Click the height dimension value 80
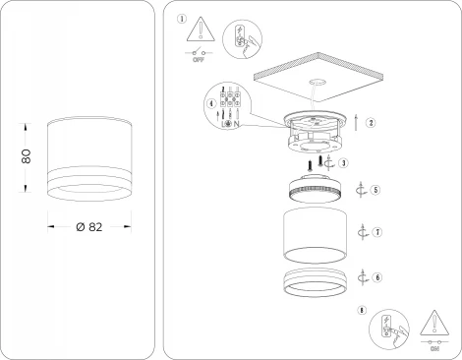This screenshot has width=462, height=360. point(28,156)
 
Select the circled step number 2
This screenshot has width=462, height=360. point(371,123)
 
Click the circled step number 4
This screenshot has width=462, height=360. point(211,104)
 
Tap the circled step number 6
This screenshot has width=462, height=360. point(376,278)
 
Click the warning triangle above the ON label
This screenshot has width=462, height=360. point(433,324)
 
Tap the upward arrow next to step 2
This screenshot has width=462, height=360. point(354,123)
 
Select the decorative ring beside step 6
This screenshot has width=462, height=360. point(314,280)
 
